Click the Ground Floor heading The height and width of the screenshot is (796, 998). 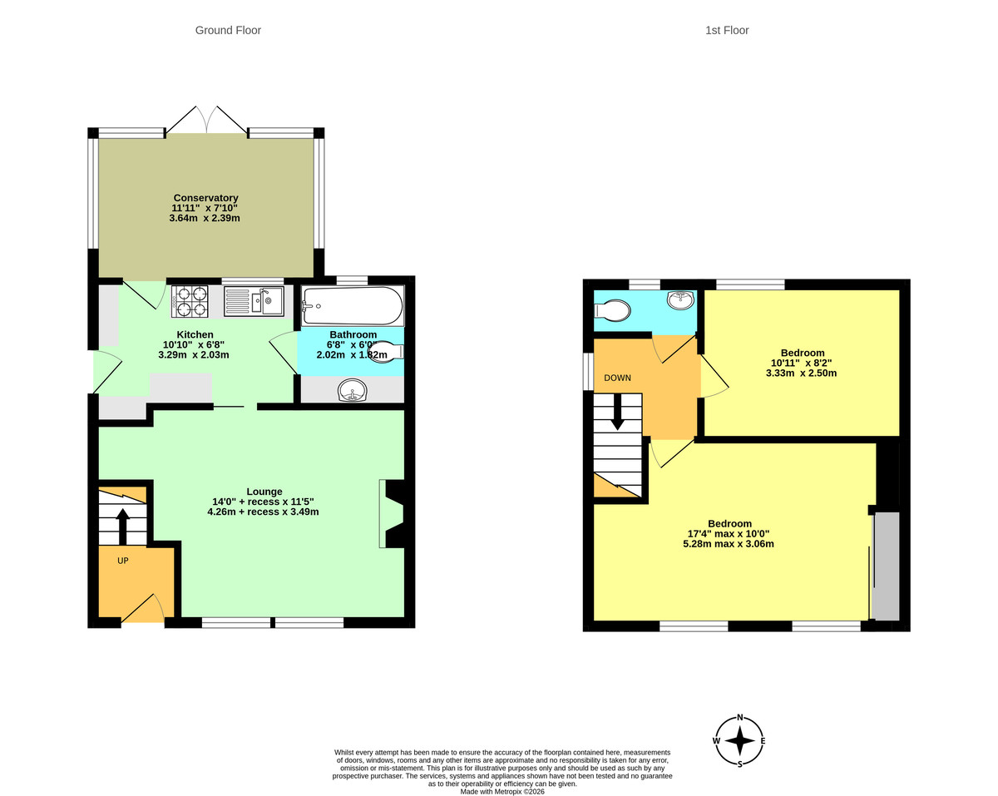click(x=228, y=31)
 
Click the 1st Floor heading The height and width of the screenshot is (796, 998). click(x=727, y=31)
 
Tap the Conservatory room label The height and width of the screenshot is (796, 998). click(x=205, y=198)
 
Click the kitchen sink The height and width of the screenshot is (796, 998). click(x=254, y=301)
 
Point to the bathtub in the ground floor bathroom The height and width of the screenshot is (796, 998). click(x=353, y=306)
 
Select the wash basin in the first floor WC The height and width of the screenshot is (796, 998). click(x=680, y=300)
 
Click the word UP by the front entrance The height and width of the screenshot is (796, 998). click(x=123, y=561)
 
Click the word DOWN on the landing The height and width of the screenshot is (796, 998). click(x=617, y=378)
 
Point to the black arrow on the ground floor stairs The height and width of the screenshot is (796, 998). click(x=122, y=525)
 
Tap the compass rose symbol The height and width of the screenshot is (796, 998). click(x=739, y=740)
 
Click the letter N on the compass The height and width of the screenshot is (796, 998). click(x=739, y=718)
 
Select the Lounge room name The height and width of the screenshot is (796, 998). click(x=264, y=492)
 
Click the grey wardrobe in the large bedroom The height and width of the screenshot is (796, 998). click(x=887, y=566)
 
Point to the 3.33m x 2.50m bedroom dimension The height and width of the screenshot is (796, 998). click(x=801, y=373)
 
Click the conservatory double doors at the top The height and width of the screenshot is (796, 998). click(x=206, y=121)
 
